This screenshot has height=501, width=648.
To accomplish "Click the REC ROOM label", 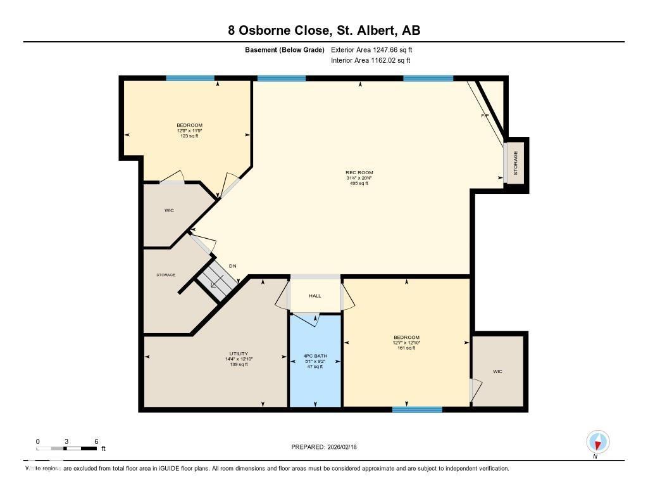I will coord(359,173).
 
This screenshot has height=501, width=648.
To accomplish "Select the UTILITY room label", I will coord(239,353).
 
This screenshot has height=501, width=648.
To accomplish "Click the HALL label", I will coord(315,296).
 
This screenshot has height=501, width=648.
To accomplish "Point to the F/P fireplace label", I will coord(485,116).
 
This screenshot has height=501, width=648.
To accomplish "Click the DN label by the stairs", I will coord(232,266).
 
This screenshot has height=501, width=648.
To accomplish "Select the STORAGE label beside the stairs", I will coord(166,275).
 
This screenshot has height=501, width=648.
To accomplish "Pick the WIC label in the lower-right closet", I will coord(497,372).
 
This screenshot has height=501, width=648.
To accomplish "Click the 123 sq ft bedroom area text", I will coord(189,136).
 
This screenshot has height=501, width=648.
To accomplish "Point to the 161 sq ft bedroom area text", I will coord(406,348).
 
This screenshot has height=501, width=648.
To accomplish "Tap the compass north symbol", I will coord(597,441).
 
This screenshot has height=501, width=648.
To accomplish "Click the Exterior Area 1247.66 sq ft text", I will coord(371,49).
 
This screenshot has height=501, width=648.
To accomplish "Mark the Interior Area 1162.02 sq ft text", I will coord(370,61).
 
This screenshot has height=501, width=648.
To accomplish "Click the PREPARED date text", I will coord(324,447).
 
